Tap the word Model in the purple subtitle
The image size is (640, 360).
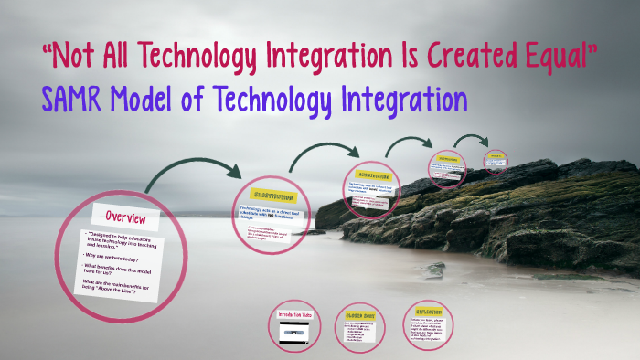162,99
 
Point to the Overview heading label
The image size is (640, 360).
126,217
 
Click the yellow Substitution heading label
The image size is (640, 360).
268,196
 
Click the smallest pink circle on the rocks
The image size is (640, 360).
495,160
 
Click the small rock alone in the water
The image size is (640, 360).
435,269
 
